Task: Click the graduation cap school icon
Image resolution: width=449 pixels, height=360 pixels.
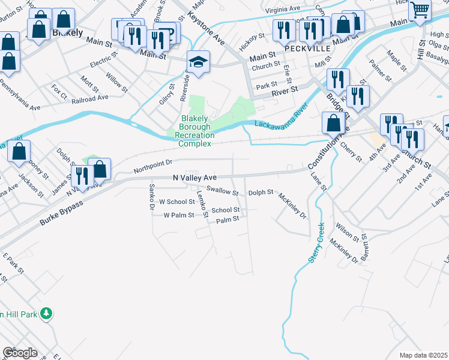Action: tap(197, 62)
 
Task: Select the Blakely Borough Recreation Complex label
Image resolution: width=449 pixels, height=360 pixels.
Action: tap(194, 131)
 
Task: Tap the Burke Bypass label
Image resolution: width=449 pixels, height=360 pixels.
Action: tap(60, 213)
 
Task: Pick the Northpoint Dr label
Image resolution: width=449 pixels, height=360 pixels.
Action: tap(153, 163)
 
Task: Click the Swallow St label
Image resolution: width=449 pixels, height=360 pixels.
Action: tap(222, 191)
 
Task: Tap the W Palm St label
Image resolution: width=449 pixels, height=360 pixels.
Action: tap(178, 215)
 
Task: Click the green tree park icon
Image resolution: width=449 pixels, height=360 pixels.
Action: tap(46, 313)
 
